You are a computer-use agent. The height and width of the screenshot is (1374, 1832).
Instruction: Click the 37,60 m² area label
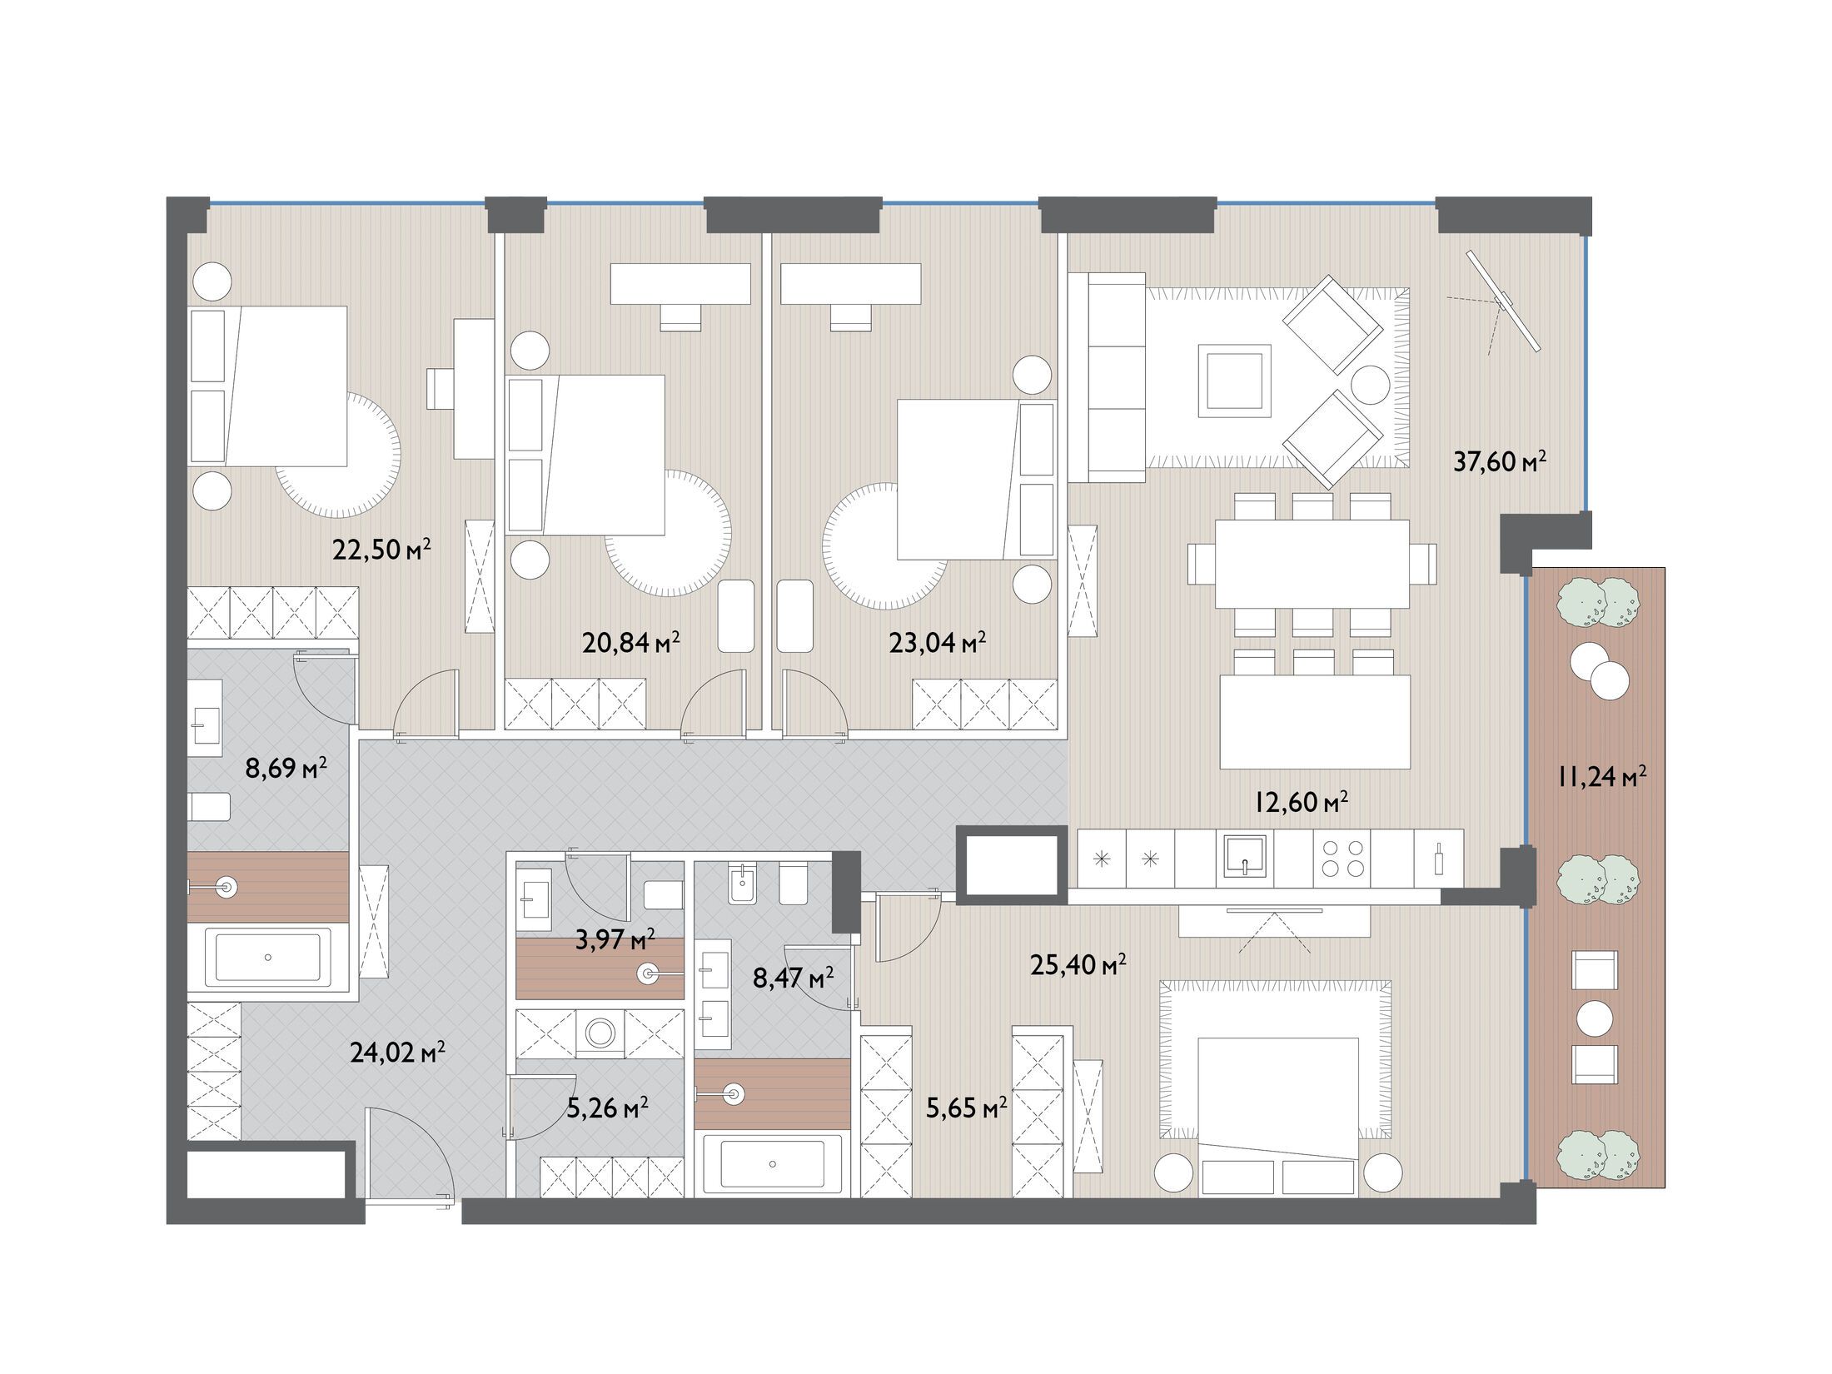tap(1499, 460)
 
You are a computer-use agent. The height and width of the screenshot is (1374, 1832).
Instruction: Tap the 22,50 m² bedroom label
tap(381, 549)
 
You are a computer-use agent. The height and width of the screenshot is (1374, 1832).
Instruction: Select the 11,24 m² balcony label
tap(1601, 777)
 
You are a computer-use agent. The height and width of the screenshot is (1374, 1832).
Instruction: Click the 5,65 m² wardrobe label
tap(967, 1108)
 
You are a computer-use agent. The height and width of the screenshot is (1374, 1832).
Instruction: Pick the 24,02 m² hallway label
tap(397, 1053)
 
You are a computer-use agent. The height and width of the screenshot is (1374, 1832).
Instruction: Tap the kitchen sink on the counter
tap(1244, 858)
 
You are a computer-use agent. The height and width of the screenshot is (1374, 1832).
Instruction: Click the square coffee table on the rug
tap(1235, 381)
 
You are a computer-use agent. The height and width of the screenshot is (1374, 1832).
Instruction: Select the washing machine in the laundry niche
tap(600, 1033)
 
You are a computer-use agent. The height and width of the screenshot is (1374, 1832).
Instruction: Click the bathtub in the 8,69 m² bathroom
tap(267, 958)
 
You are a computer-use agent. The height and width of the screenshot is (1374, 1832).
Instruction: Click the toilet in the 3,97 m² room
tap(664, 894)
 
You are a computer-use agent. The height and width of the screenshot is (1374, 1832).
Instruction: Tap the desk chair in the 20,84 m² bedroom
tap(681, 317)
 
